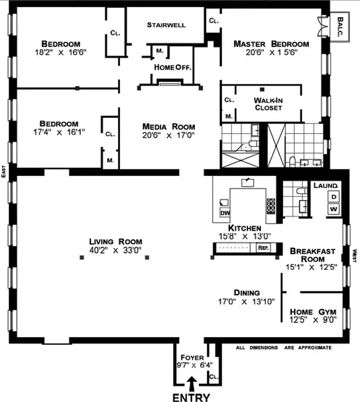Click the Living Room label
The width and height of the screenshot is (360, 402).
(112, 241)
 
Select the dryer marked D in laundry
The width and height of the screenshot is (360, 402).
(333, 196)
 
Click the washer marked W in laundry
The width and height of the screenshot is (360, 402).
(333, 208)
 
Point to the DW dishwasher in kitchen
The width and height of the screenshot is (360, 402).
(224, 213)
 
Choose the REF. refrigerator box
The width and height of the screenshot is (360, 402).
(263, 248)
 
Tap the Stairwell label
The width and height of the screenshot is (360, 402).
(166, 25)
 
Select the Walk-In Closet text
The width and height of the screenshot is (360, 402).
(268, 104)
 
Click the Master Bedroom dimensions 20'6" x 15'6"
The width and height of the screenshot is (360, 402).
(271, 53)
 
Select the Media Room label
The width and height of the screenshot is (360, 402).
(168, 127)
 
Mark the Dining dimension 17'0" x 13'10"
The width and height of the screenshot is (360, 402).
(246, 302)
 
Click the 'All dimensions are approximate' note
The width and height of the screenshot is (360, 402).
(284, 347)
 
